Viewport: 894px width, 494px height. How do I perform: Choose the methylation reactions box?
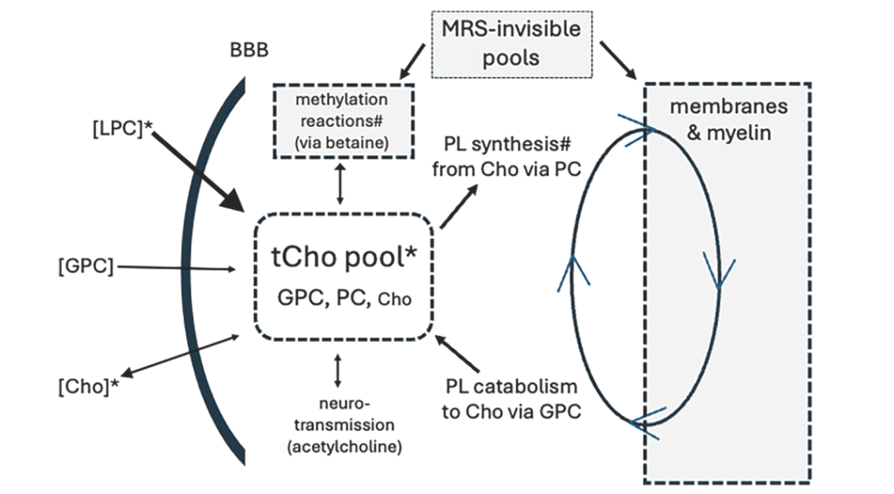(338, 122)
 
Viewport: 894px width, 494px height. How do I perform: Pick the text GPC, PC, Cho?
(342, 297)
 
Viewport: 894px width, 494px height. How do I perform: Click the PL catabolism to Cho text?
(510, 399)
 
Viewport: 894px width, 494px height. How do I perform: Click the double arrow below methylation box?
(338, 184)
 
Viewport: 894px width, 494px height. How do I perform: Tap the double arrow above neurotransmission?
(338, 371)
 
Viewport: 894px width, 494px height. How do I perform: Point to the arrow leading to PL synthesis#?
(459, 205)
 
